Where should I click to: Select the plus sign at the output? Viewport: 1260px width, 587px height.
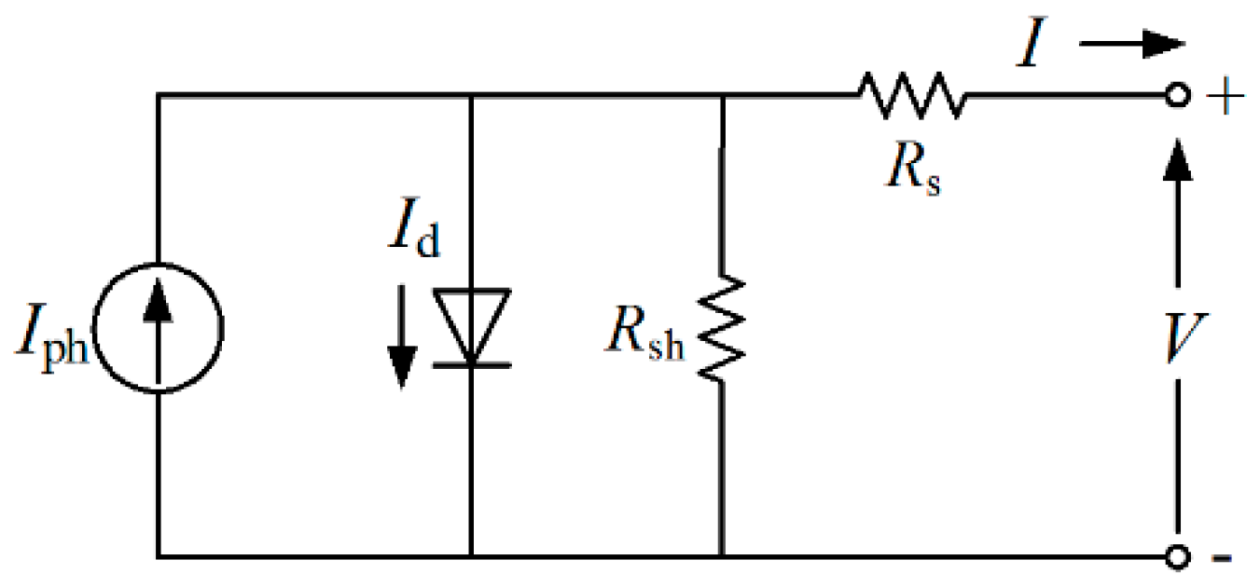point(1221,97)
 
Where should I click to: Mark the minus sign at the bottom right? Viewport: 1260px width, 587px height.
point(1223,559)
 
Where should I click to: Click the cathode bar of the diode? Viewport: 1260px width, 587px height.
point(471,364)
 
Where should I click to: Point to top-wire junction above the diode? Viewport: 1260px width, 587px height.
point(471,95)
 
